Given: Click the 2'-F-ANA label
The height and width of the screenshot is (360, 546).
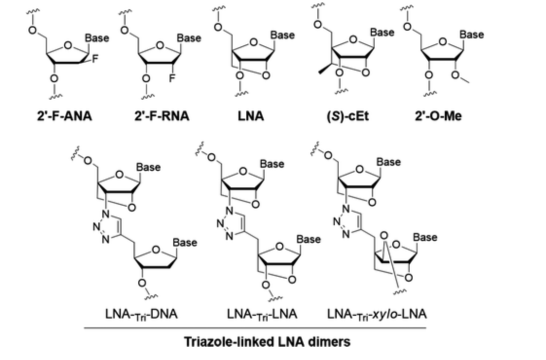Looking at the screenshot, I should (x=64, y=116).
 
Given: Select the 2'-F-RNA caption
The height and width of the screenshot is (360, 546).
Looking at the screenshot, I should (x=162, y=116).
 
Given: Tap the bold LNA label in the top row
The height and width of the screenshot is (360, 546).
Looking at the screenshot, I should (x=251, y=116).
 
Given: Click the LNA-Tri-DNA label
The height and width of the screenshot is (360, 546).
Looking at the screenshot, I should (x=141, y=314).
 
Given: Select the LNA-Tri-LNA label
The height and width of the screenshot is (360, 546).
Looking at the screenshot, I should (x=262, y=314).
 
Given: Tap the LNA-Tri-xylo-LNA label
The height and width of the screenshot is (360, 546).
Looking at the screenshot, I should (x=377, y=314).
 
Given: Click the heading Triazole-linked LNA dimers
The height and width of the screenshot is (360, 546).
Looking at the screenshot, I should (x=267, y=342).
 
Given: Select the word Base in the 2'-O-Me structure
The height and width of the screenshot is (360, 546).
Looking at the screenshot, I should (x=472, y=35).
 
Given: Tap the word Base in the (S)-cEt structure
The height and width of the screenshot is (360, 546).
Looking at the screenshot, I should (x=382, y=33).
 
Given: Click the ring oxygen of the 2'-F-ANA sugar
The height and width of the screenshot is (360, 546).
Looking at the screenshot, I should (x=68, y=46).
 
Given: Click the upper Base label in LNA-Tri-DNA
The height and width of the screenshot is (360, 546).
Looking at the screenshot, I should (x=148, y=167).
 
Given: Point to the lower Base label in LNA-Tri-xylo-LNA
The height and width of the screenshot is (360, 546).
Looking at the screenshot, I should (x=425, y=237).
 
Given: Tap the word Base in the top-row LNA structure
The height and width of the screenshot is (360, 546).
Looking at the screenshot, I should (x=282, y=35).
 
